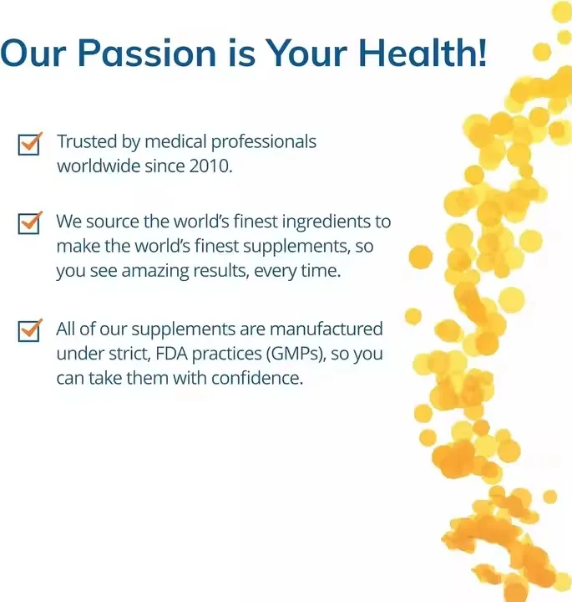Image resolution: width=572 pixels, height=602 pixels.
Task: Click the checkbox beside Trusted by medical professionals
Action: click(29, 144)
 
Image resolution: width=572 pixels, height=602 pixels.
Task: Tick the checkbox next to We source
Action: click(29, 224)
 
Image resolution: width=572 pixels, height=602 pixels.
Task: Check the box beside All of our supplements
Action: click(29, 330)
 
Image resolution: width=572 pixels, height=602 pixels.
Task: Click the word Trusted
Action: click(88, 141)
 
